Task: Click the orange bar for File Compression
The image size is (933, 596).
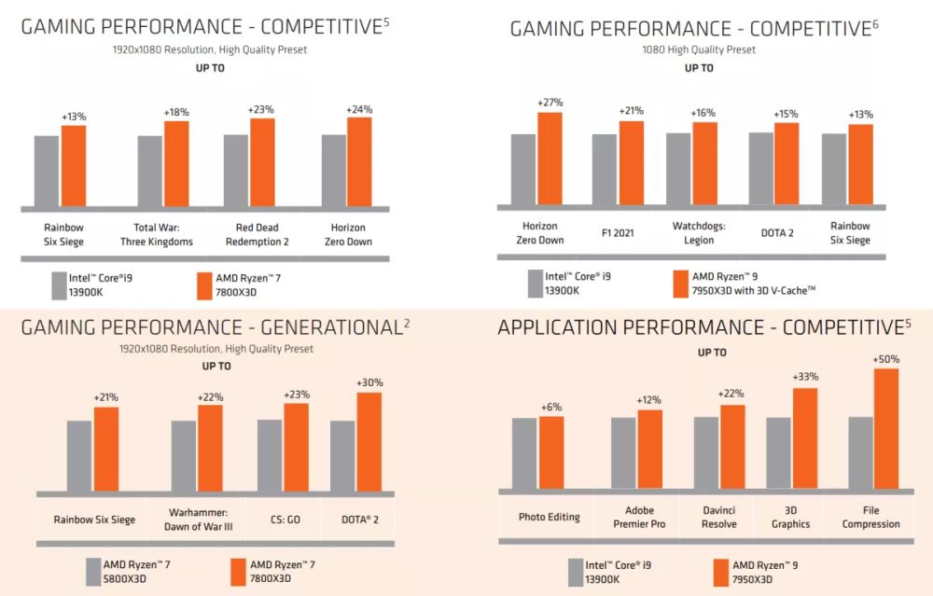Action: tap(885, 429)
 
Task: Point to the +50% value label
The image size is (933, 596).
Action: tap(885, 359)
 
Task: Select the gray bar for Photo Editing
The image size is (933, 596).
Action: tap(524, 453)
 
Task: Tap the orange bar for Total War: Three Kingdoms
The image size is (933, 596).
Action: tap(176, 164)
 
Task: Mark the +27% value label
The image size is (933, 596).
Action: tap(550, 103)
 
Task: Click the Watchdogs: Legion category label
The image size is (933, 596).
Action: tap(699, 233)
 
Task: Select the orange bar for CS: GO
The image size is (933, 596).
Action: tap(296, 446)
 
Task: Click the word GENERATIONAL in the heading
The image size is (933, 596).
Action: tap(322, 327)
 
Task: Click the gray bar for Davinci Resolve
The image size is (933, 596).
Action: tap(706, 452)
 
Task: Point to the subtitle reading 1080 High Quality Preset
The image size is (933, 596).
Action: tap(699, 49)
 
